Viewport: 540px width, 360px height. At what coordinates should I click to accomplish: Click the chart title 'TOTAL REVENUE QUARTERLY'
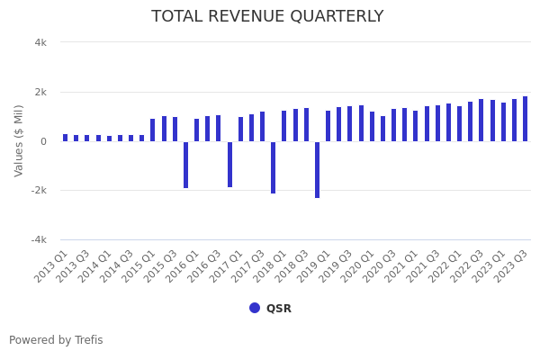point(267,16)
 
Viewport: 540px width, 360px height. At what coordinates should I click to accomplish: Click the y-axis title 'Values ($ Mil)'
point(19,140)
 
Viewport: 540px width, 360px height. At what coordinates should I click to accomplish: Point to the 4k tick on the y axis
point(40,42)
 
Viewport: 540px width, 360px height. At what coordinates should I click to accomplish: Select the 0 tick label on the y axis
point(43,141)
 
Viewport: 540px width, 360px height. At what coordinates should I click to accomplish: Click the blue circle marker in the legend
point(255,308)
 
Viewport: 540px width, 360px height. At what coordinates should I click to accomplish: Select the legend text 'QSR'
point(278,309)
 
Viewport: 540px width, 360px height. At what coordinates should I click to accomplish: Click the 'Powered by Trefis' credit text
point(56,340)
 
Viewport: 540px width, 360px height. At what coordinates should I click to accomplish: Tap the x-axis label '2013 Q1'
point(52,266)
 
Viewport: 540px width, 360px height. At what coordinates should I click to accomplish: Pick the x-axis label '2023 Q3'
point(511,266)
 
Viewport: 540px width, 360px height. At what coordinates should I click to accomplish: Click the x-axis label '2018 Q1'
point(271,266)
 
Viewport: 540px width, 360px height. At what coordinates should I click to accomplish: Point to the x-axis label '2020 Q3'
point(380,266)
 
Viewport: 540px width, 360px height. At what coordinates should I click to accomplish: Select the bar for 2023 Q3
point(526,119)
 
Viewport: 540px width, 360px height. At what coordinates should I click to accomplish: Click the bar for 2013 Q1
point(66,138)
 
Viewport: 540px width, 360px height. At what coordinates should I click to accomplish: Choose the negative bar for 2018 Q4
point(317,169)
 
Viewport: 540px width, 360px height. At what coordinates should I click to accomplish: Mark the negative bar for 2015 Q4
point(186,165)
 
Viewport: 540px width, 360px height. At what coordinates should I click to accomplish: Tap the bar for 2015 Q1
point(153,130)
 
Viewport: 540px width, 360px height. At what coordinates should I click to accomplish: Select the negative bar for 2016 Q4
point(229,164)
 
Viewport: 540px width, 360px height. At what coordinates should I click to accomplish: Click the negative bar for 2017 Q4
point(274,167)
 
